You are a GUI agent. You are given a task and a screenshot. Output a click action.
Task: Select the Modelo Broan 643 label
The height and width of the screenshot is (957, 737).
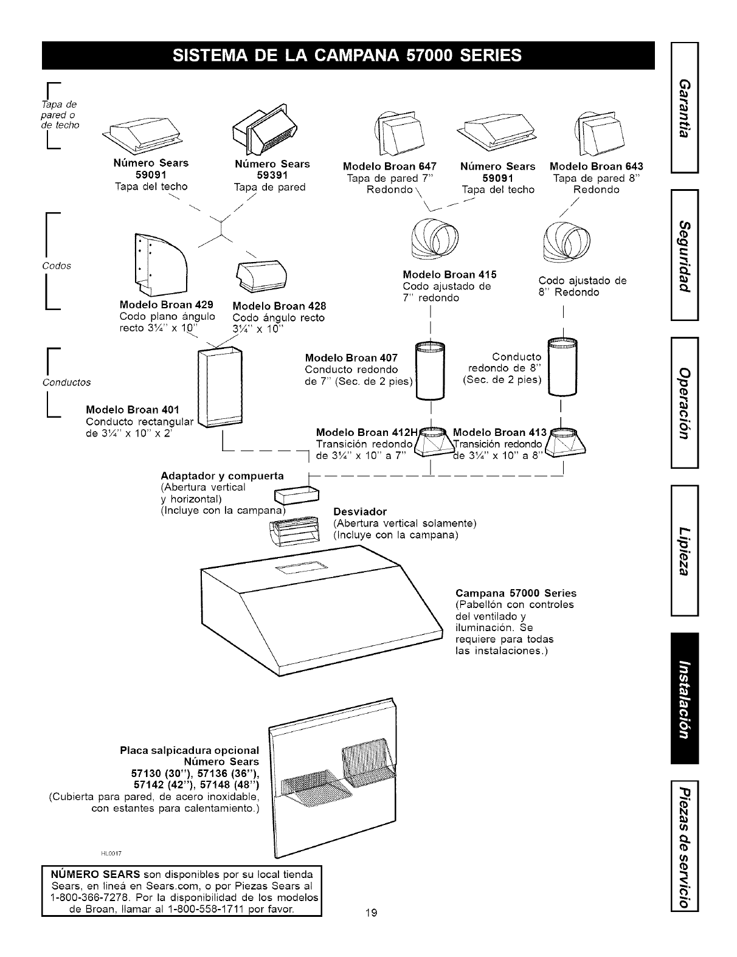(x=596, y=166)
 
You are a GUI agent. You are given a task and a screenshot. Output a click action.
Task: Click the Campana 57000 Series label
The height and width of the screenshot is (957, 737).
(x=515, y=593)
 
